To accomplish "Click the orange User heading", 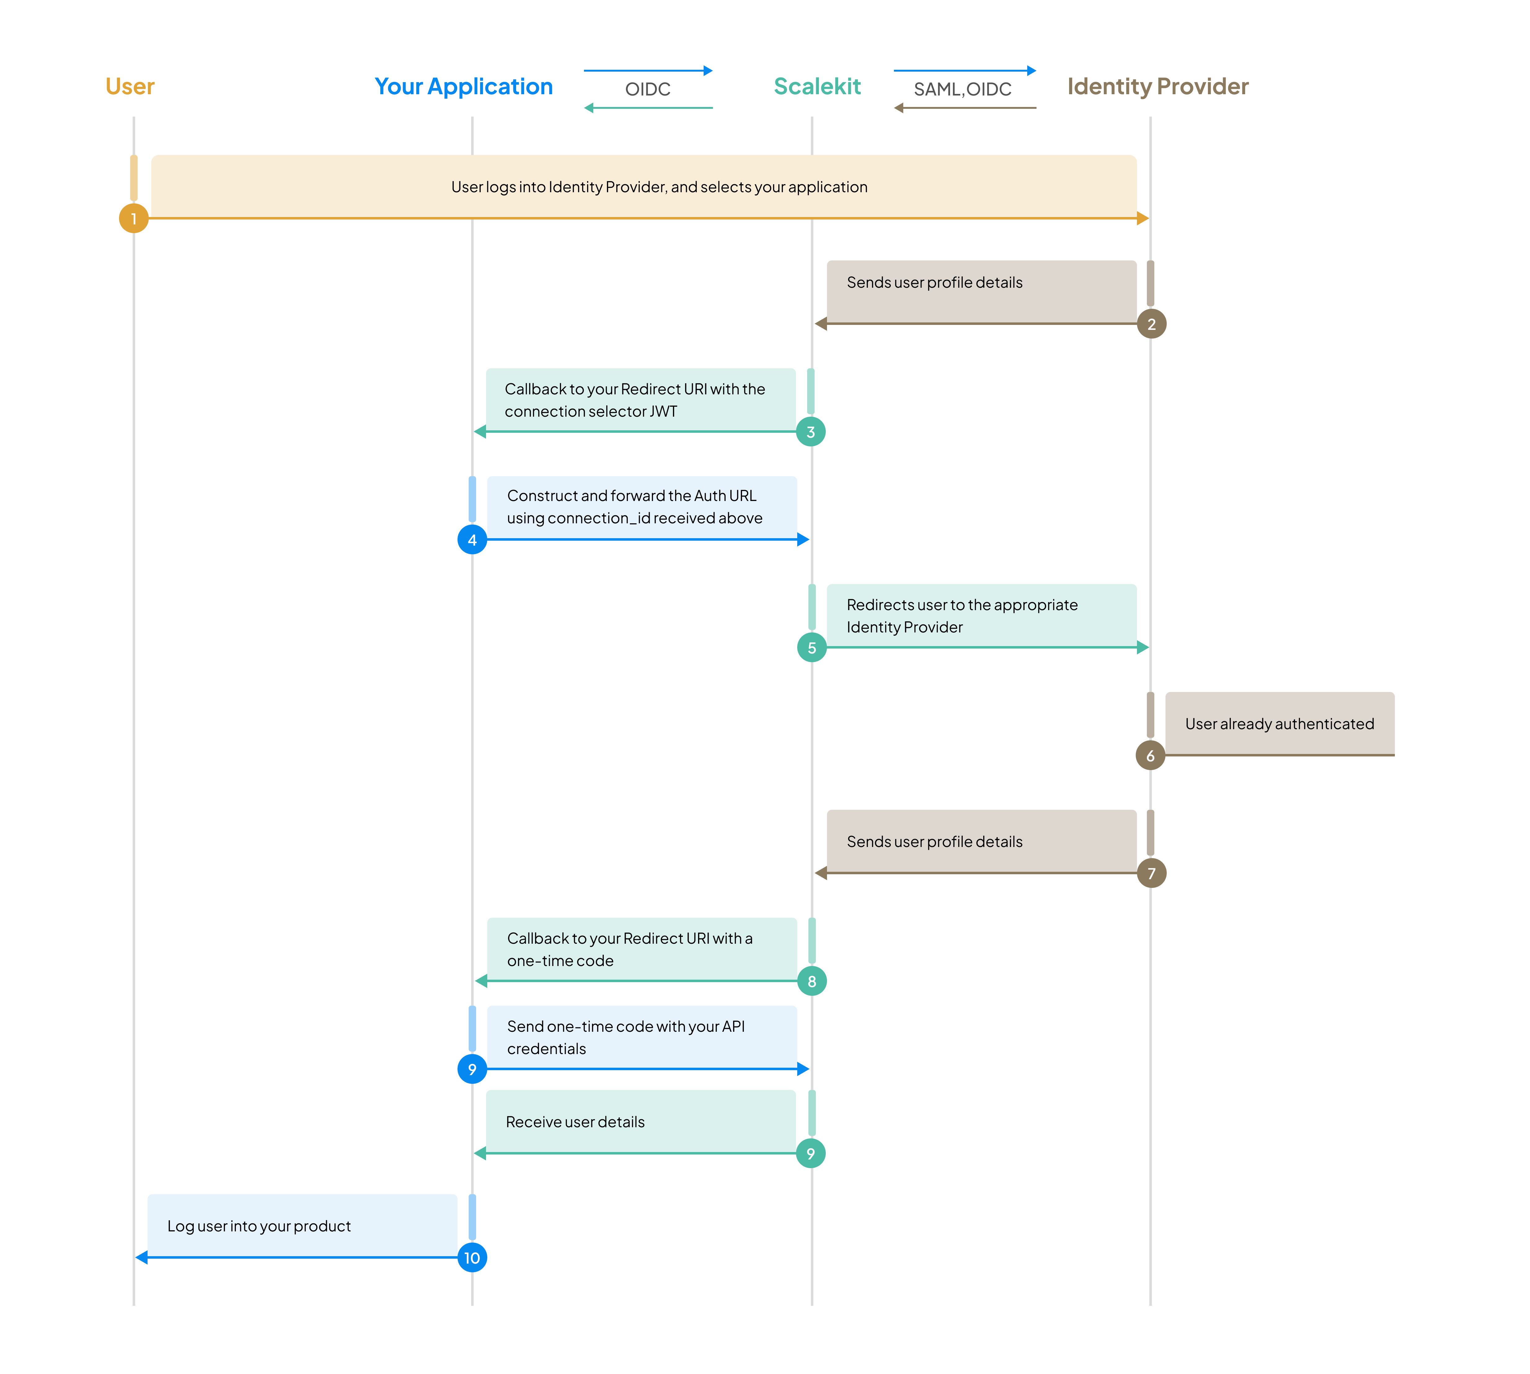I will (x=130, y=87).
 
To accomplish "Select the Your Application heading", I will (x=463, y=87).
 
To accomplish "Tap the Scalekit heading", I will (x=817, y=87).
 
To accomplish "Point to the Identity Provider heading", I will (x=1157, y=87).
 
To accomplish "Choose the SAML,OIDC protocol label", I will (x=962, y=89).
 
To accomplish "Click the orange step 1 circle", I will (x=134, y=219).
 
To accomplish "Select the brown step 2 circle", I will (x=1151, y=324).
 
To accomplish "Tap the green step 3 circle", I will (x=811, y=432).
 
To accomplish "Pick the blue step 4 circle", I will (x=472, y=540).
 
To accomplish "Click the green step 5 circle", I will (x=811, y=648).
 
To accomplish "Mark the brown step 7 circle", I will (x=1151, y=873).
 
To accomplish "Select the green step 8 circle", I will (x=811, y=982).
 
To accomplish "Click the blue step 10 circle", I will (x=472, y=1258).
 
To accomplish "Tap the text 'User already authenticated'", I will (x=1280, y=724).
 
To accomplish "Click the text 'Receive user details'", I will (x=575, y=1122).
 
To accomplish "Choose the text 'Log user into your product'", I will (x=259, y=1226).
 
